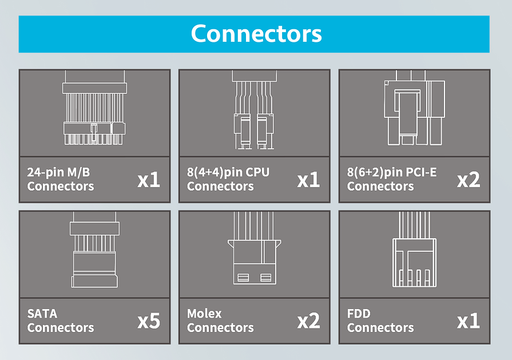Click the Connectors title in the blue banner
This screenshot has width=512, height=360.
pos(256,34)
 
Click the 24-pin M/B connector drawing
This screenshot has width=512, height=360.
pos(94,113)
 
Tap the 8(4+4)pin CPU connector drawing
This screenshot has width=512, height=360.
pos(254,113)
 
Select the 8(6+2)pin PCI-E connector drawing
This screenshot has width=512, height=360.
pos(414,113)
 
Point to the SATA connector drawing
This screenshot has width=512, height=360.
pos(94,255)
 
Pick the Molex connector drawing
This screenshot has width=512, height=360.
pos(254,255)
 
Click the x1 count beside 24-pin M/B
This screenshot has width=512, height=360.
pos(149,180)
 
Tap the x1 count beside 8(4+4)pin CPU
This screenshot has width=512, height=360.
pos(308,180)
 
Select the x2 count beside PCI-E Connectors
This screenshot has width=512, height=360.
pos(469,180)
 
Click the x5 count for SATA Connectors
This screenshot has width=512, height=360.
pos(149,321)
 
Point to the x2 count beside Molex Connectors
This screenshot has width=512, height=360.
pos(308,321)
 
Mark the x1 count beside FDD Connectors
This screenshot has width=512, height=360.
pos(469,321)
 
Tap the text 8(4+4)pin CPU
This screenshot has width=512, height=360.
pos(228,172)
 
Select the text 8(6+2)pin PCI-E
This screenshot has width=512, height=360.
pos(391,172)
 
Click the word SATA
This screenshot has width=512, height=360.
pos(42,314)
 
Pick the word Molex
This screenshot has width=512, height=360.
pos(204,314)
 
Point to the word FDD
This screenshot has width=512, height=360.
pos(359,314)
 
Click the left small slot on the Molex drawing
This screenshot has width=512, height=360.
pos(242,278)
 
